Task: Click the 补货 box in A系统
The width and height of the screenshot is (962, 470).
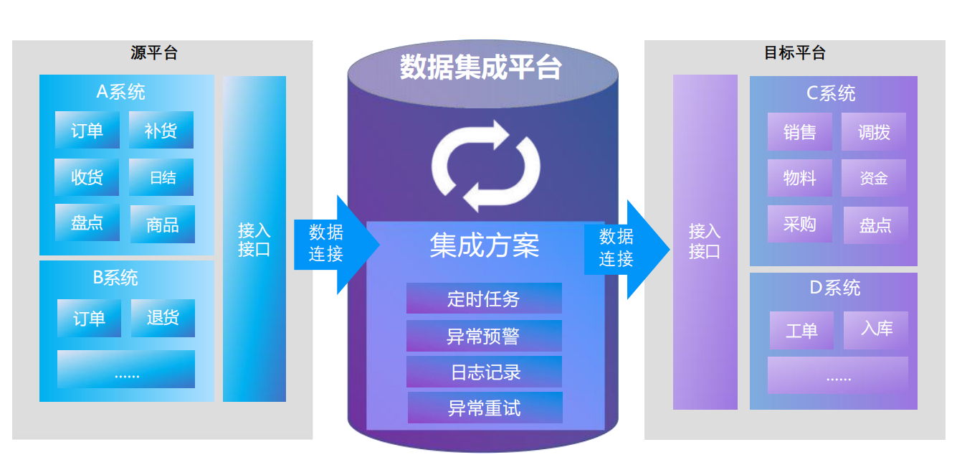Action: pyautogui.click(x=161, y=131)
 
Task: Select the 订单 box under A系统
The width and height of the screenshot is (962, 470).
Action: pyautogui.click(x=87, y=131)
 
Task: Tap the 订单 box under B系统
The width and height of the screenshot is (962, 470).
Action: pyautogui.click(x=89, y=318)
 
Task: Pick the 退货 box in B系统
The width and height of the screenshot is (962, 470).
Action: pyautogui.click(x=163, y=318)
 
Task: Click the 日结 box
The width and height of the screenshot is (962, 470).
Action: pyautogui.click(x=162, y=177)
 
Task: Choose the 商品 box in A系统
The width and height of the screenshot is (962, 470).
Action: pyautogui.click(x=162, y=225)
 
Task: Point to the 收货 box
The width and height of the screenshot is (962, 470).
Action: pyautogui.click(x=87, y=177)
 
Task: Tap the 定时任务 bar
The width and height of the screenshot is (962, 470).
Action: pyautogui.click(x=484, y=299)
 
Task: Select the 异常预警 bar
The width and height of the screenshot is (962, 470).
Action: pyautogui.click(x=484, y=336)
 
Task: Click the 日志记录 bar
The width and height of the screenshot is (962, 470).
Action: pyautogui.click(x=484, y=372)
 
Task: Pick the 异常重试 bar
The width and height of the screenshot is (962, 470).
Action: pyautogui.click(x=485, y=408)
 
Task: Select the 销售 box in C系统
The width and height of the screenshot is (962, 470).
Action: pyautogui.click(x=800, y=132)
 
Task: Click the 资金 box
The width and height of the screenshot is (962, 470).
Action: pyautogui.click(x=874, y=178)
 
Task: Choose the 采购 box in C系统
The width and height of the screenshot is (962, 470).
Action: pyautogui.click(x=800, y=224)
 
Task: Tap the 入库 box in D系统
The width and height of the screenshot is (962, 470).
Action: pyautogui.click(x=876, y=329)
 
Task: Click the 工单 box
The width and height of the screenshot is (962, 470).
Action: pyautogui.click(x=801, y=330)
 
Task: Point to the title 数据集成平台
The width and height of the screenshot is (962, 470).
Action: pyautogui.click(x=481, y=67)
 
